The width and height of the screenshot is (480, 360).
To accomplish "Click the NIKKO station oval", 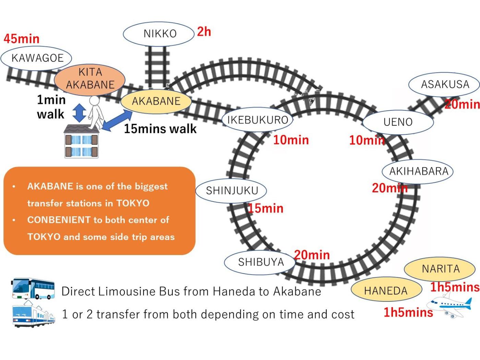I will [159, 34].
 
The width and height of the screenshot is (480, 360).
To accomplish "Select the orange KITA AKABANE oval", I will [90, 79].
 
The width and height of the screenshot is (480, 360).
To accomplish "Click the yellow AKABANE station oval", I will [156, 101].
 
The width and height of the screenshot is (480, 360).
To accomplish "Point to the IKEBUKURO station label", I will [258, 120].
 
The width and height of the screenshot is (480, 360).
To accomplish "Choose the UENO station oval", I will [398, 122].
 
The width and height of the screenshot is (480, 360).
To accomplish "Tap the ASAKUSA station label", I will [445, 84].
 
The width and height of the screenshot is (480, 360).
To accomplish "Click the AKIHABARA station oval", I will [418, 171].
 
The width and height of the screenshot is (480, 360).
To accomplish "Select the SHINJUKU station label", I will [231, 191].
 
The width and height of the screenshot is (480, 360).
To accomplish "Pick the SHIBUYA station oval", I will [261, 262].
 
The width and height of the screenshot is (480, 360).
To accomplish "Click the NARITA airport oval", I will [440, 269].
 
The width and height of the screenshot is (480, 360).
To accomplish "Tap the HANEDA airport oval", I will [386, 291].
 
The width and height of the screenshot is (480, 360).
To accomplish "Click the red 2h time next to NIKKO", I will [204, 32].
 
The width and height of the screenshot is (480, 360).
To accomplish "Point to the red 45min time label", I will [22, 39].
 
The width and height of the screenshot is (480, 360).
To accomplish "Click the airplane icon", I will [449, 305].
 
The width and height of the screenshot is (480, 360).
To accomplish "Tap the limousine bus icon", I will [33, 289].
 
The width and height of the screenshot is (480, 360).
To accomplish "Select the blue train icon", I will [33, 314].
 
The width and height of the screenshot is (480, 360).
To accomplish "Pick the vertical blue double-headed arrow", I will [80, 113].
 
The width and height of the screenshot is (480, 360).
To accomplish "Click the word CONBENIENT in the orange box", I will [59, 220].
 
